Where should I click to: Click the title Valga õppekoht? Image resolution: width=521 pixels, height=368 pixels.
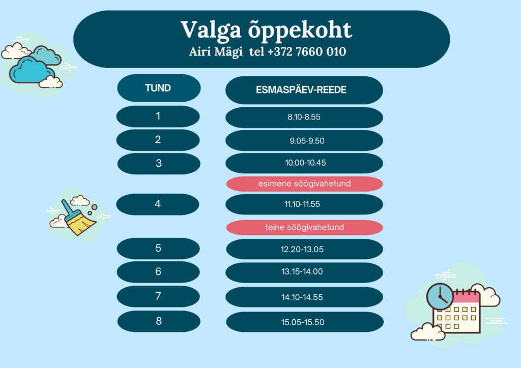coord(266,30)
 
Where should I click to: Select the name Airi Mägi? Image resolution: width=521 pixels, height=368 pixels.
coord(216,52)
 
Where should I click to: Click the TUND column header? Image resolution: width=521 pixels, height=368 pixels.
coord(159,88)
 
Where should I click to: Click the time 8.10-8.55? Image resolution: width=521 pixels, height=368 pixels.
coord(304,117)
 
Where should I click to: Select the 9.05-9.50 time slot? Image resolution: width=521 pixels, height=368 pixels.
coord(307,141)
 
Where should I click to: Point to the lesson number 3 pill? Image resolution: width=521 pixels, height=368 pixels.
coord(159,163)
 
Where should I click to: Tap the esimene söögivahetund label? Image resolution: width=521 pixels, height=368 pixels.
coord(304,184)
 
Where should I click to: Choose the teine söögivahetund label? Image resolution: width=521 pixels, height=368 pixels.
coord(304,227)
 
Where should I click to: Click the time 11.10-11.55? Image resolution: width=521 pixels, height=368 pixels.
coord(302,204)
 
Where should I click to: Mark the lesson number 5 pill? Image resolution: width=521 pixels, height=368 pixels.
coord(158,248)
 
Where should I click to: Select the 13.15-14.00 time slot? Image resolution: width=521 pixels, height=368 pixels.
coord(302,271)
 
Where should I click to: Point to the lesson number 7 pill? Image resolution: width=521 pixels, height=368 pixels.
coord(158,296)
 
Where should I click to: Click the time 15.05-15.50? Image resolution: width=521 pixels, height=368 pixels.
coord(302,322)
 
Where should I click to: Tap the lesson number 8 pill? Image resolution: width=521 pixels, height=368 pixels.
coord(159,321)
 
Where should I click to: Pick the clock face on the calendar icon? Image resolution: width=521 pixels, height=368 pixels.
coord(440,296)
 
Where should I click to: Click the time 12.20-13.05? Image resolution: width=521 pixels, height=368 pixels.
coord(302,249)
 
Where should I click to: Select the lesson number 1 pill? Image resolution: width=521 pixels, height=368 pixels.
coord(158,116)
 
